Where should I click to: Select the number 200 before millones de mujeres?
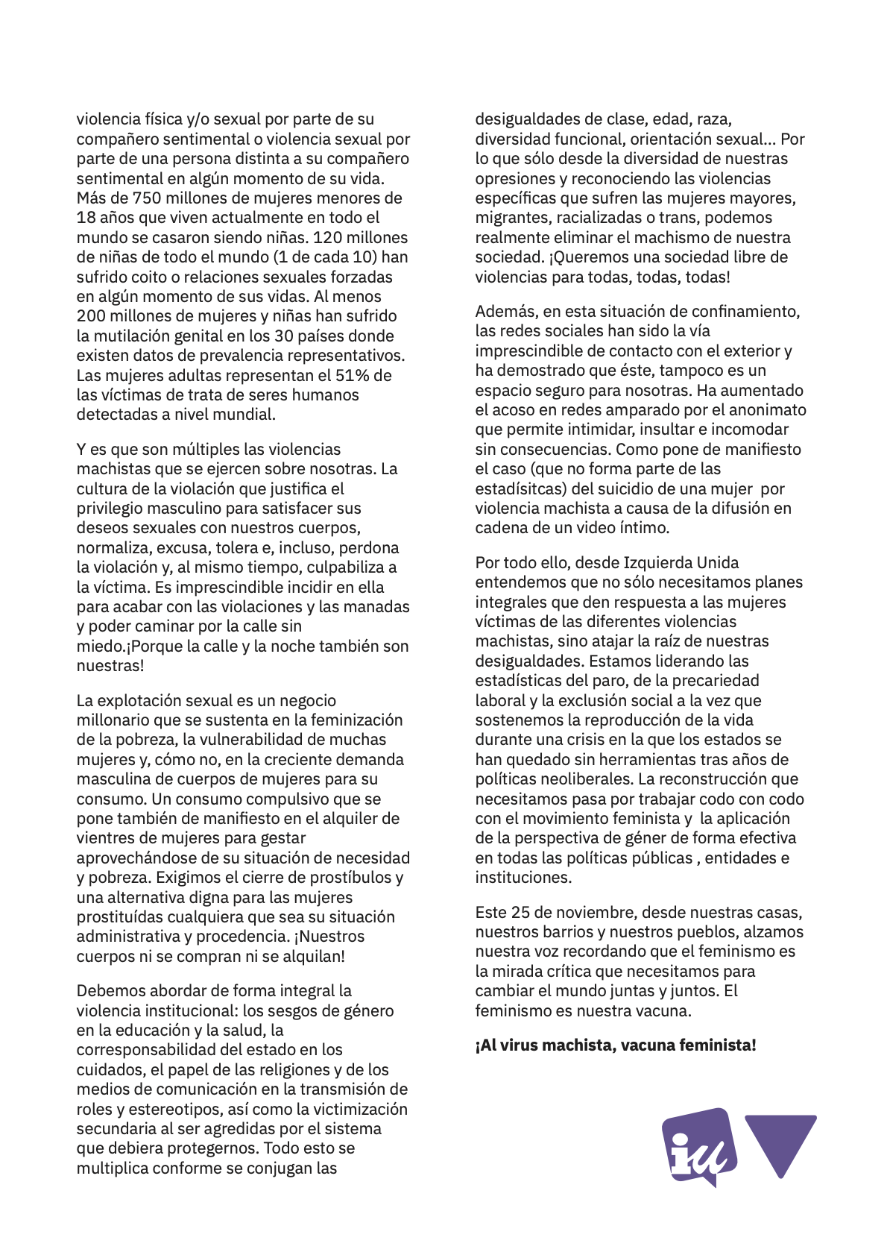click(x=91, y=316)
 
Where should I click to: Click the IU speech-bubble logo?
click(x=698, y=1146)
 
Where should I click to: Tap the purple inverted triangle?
click(x=780, y=1142)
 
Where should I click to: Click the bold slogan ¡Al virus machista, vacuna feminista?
click(x=616, y=1045)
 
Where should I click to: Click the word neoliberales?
click(x=580, y=779)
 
